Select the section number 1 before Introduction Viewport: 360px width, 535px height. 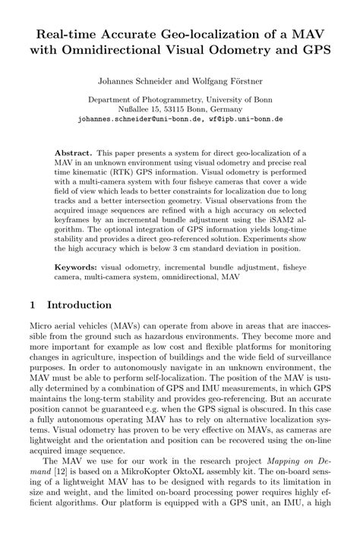32,304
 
